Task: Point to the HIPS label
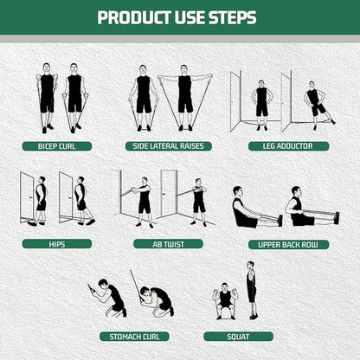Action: tap(57, 244)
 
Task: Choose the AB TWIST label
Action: tap(168, 244)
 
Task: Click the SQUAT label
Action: tap(238, 336)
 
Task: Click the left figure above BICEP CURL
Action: tap(47, 96)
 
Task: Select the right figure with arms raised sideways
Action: tap(183, 95)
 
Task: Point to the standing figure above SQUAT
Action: tap(251, 290)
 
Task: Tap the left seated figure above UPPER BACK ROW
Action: tap(247, 209)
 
